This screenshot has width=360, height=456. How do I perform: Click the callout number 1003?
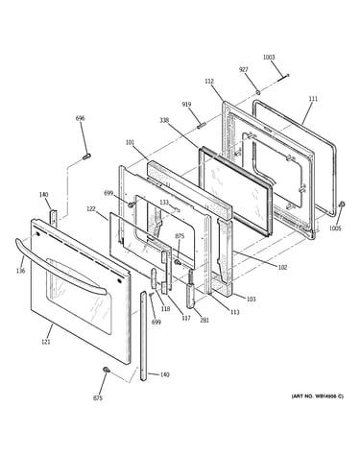point(269,58)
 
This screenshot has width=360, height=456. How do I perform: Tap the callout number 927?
point(244,70)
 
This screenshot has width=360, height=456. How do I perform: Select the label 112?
point(209,82)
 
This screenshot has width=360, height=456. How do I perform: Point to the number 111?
point(313,99)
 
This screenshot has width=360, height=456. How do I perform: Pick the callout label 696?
point(80,118)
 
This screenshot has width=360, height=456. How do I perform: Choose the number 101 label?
point(130,142)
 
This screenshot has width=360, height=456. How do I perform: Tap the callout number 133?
point(164,203)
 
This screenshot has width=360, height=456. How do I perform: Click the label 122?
point(91,208)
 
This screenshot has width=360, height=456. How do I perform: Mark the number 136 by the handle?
point(20,271)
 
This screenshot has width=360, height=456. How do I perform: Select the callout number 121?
point(46,342)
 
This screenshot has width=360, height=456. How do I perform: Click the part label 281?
point(204,320)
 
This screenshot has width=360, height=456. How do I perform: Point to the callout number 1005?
point(335,228)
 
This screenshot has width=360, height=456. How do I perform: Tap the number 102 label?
point(282,267)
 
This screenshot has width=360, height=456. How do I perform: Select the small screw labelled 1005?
point(342,204)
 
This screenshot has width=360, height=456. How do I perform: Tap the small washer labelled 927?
point(257,93)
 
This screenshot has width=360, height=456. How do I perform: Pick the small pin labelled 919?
point(201,125)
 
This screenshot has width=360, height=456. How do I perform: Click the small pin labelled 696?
point(86,156)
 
